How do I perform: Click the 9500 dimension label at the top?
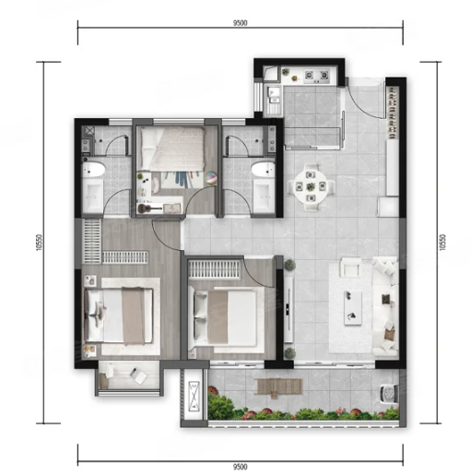[241, 23]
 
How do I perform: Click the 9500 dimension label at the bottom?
[241, 467]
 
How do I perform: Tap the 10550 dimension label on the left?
[39, 243]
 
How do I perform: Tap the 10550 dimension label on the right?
[442, 243]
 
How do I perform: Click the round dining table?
[311, 186]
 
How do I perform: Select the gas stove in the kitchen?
[317, 76]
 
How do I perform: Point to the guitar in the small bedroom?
[149, 208]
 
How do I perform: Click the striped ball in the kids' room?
[211, 178]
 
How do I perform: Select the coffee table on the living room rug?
[353, 307]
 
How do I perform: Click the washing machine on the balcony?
[389, 394]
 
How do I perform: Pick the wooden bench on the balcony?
[279, 387]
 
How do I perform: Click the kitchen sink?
[274, 95]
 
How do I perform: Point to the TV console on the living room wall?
[288, 309]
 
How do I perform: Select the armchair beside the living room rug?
[351, 267]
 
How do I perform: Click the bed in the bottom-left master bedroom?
[119, 315]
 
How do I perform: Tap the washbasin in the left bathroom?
[93, 196]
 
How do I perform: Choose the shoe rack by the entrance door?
[393, 113]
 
